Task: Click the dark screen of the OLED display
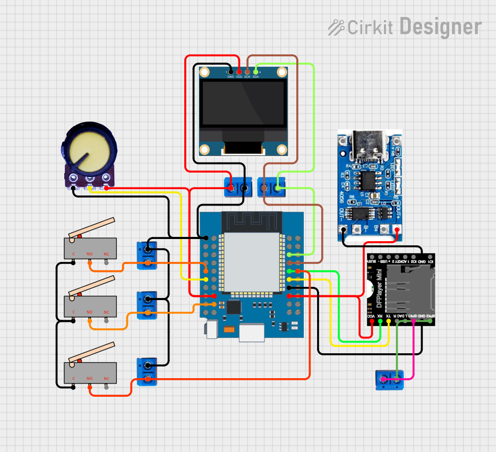click(243, 103)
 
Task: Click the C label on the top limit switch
click(73, 254)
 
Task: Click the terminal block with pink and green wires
click(389, 380)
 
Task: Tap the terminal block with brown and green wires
click(271, 187)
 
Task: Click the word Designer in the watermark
click(440, 27)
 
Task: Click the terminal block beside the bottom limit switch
click(147, 371)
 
